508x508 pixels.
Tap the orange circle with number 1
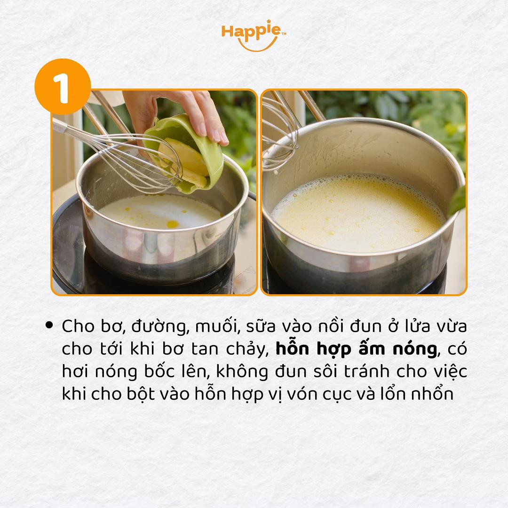click(63, 87)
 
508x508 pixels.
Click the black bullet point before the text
click(49, 325)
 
